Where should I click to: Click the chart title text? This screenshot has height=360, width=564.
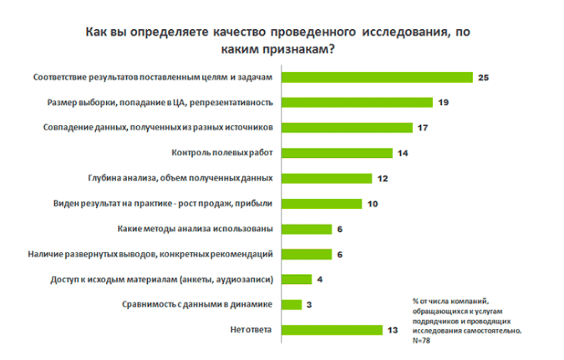click(x=282, y=39)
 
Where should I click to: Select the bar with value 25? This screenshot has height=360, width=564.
click(x=375, y=78)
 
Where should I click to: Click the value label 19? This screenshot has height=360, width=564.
click(x=443, y=103)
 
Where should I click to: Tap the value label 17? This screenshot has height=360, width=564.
click(x=424, y=128)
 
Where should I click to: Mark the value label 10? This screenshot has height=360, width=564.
click(x=373, y=204)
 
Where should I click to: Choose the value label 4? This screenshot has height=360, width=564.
click(x=320, y=280)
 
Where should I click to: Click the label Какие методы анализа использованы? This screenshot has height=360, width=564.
click(x=198, y=229)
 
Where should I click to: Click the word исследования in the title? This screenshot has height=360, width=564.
click(x=402, y=32)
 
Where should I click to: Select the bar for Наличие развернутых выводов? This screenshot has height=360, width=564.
click(x=306, y=254)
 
